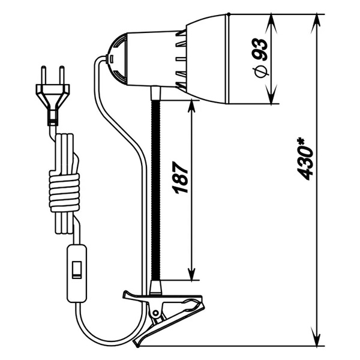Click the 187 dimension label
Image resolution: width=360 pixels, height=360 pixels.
click(180, 178)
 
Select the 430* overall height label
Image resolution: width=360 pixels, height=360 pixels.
click(305, 158)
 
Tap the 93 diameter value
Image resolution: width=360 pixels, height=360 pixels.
click(260, 50)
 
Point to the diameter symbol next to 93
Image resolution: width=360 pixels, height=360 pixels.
click(261, 71)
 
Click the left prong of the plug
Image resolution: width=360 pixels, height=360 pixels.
click(43, 75)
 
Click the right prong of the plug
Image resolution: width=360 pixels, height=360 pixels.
click(62, 75)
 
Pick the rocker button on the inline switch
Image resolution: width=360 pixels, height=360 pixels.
click(76, 270)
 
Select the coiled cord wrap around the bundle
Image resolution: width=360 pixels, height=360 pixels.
click(64, 193)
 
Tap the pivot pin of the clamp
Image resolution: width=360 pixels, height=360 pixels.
click(156, 313)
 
